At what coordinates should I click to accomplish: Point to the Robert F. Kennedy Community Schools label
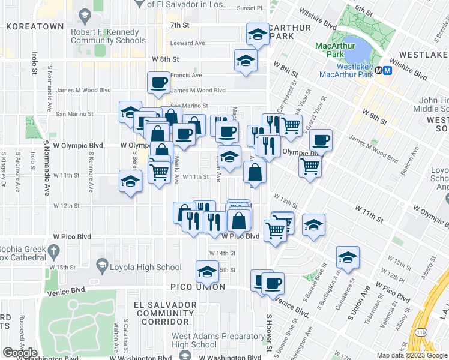[x=108, y=36]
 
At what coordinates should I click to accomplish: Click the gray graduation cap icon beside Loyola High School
[x=101, y=265]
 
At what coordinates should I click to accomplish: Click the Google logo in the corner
[x=20, y=353]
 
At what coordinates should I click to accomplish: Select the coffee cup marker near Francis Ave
[x=159, y=83]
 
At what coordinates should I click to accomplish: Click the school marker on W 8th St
[x=245, y=61]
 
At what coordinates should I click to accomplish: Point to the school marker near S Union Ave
[x=348, y=257]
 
